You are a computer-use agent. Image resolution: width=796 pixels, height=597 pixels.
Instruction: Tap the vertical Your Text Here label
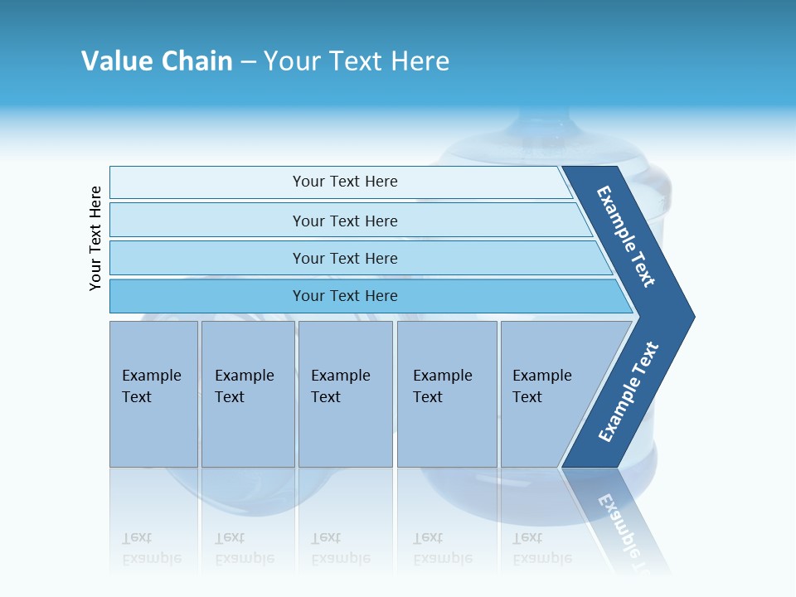(x=96, y=238)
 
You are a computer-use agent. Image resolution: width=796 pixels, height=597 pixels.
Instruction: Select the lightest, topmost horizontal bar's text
(x=345, y=182)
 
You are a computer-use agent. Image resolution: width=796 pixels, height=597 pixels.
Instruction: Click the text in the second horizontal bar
(x=345, y=221)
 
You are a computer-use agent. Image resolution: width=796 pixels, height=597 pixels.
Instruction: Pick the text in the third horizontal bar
(x=345, y=259)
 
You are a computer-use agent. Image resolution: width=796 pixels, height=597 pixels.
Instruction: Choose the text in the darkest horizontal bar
(x=345, y=296)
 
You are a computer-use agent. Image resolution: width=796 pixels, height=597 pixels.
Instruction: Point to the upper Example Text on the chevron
(x=626, y=236)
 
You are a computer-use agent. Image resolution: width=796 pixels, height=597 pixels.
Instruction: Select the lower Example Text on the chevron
(x=628, y=391)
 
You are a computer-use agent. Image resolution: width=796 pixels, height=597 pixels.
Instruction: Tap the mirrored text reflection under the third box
(x=340, y=549)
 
